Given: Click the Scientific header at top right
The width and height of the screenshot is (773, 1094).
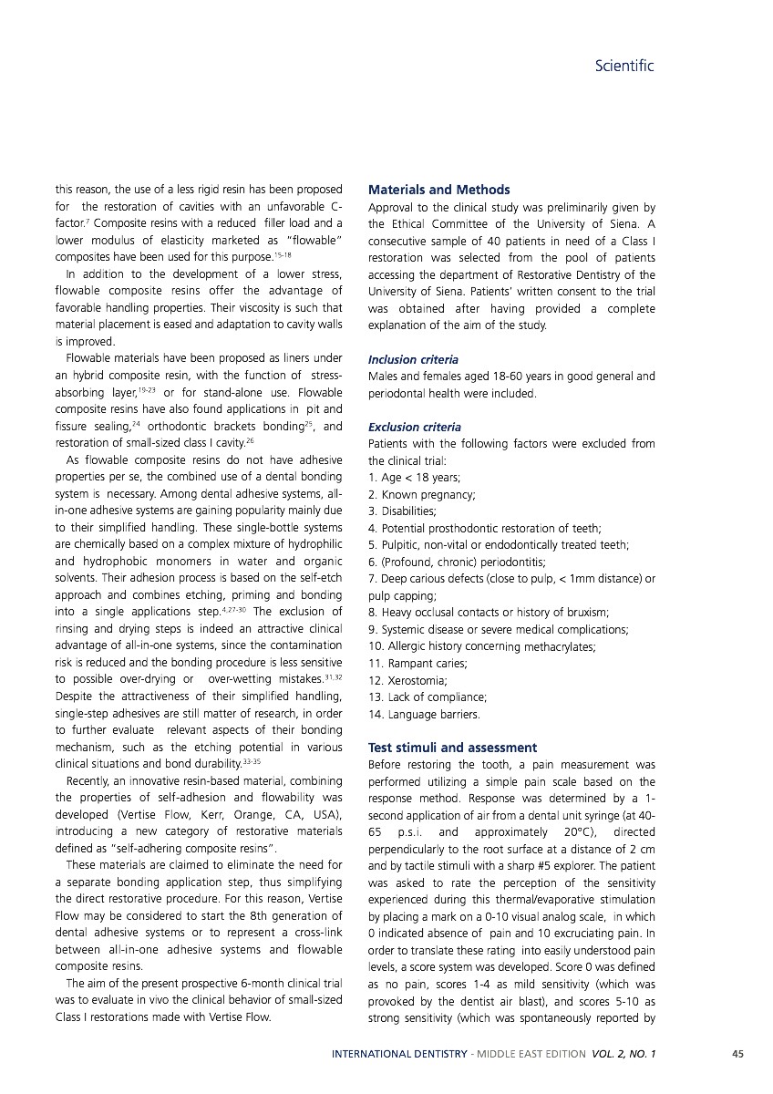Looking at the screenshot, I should tap(624, 67).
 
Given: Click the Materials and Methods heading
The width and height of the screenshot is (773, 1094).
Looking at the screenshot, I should tap(438, 190).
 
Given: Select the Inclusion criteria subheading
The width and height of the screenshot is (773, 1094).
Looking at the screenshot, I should tap(413, 360).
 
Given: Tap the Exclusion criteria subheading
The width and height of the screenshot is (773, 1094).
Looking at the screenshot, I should tap(414, 427).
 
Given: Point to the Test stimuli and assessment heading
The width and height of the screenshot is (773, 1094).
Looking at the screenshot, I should tap(452, 748).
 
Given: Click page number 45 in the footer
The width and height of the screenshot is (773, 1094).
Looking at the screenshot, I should tap(737, 1054).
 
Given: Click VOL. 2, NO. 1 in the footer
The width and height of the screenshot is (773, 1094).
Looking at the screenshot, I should tap(624, 1054).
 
